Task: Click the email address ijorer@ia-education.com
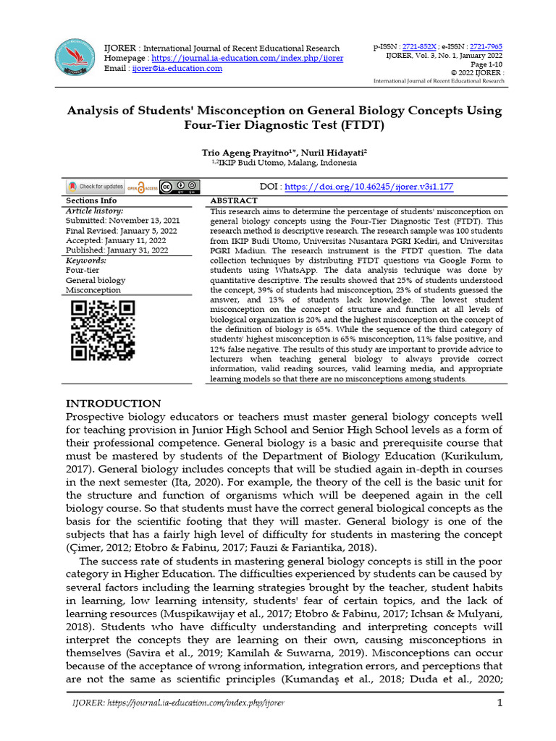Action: pyautogui.click(x=177, y=68)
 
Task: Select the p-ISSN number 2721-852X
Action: pyautogui.click(x=419, y=45)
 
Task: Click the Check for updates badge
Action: pyautogui.click(x=96, y=186)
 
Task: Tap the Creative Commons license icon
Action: pyautogui.click(x=180, y=186)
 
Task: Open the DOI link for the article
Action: pyautogui.click(x=369, y=187)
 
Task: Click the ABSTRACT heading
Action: pyautogui.click(x=233, y=200)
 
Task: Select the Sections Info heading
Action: pyautogui.click(x=91, y=200)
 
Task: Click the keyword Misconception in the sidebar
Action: pyautogui.click(x=93, y=290)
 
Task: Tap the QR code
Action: pyautogui.click(x=102, y=330)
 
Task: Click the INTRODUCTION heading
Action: pyautogui.click(x=114, y=403)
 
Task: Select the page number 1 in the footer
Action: pyautogui.click(x=500, y=703)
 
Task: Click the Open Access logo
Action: pyautogui.click(x=143, y=187)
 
